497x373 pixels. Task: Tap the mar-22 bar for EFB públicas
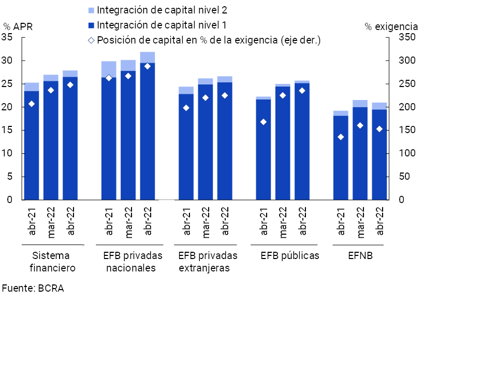click(x=283, y=145)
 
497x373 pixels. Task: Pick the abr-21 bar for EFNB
click(x=341, y=158)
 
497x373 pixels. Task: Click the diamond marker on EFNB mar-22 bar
click(x=360, y=125)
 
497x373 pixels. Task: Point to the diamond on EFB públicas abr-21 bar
click(x=263, y=122)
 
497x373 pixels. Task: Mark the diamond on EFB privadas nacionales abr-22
click(x=148, y=66)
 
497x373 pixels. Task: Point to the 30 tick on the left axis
click(x=9, y=61)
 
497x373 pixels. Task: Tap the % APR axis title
click(x=18, y=26)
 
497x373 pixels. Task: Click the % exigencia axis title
click(x=391, y=26)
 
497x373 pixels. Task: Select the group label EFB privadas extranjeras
click(x=207, y=262)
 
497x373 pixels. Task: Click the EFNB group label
click(x=360, y=255)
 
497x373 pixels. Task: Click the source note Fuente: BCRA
click(x=33, y=289)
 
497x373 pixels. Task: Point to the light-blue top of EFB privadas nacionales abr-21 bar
click(x=109, y=69)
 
